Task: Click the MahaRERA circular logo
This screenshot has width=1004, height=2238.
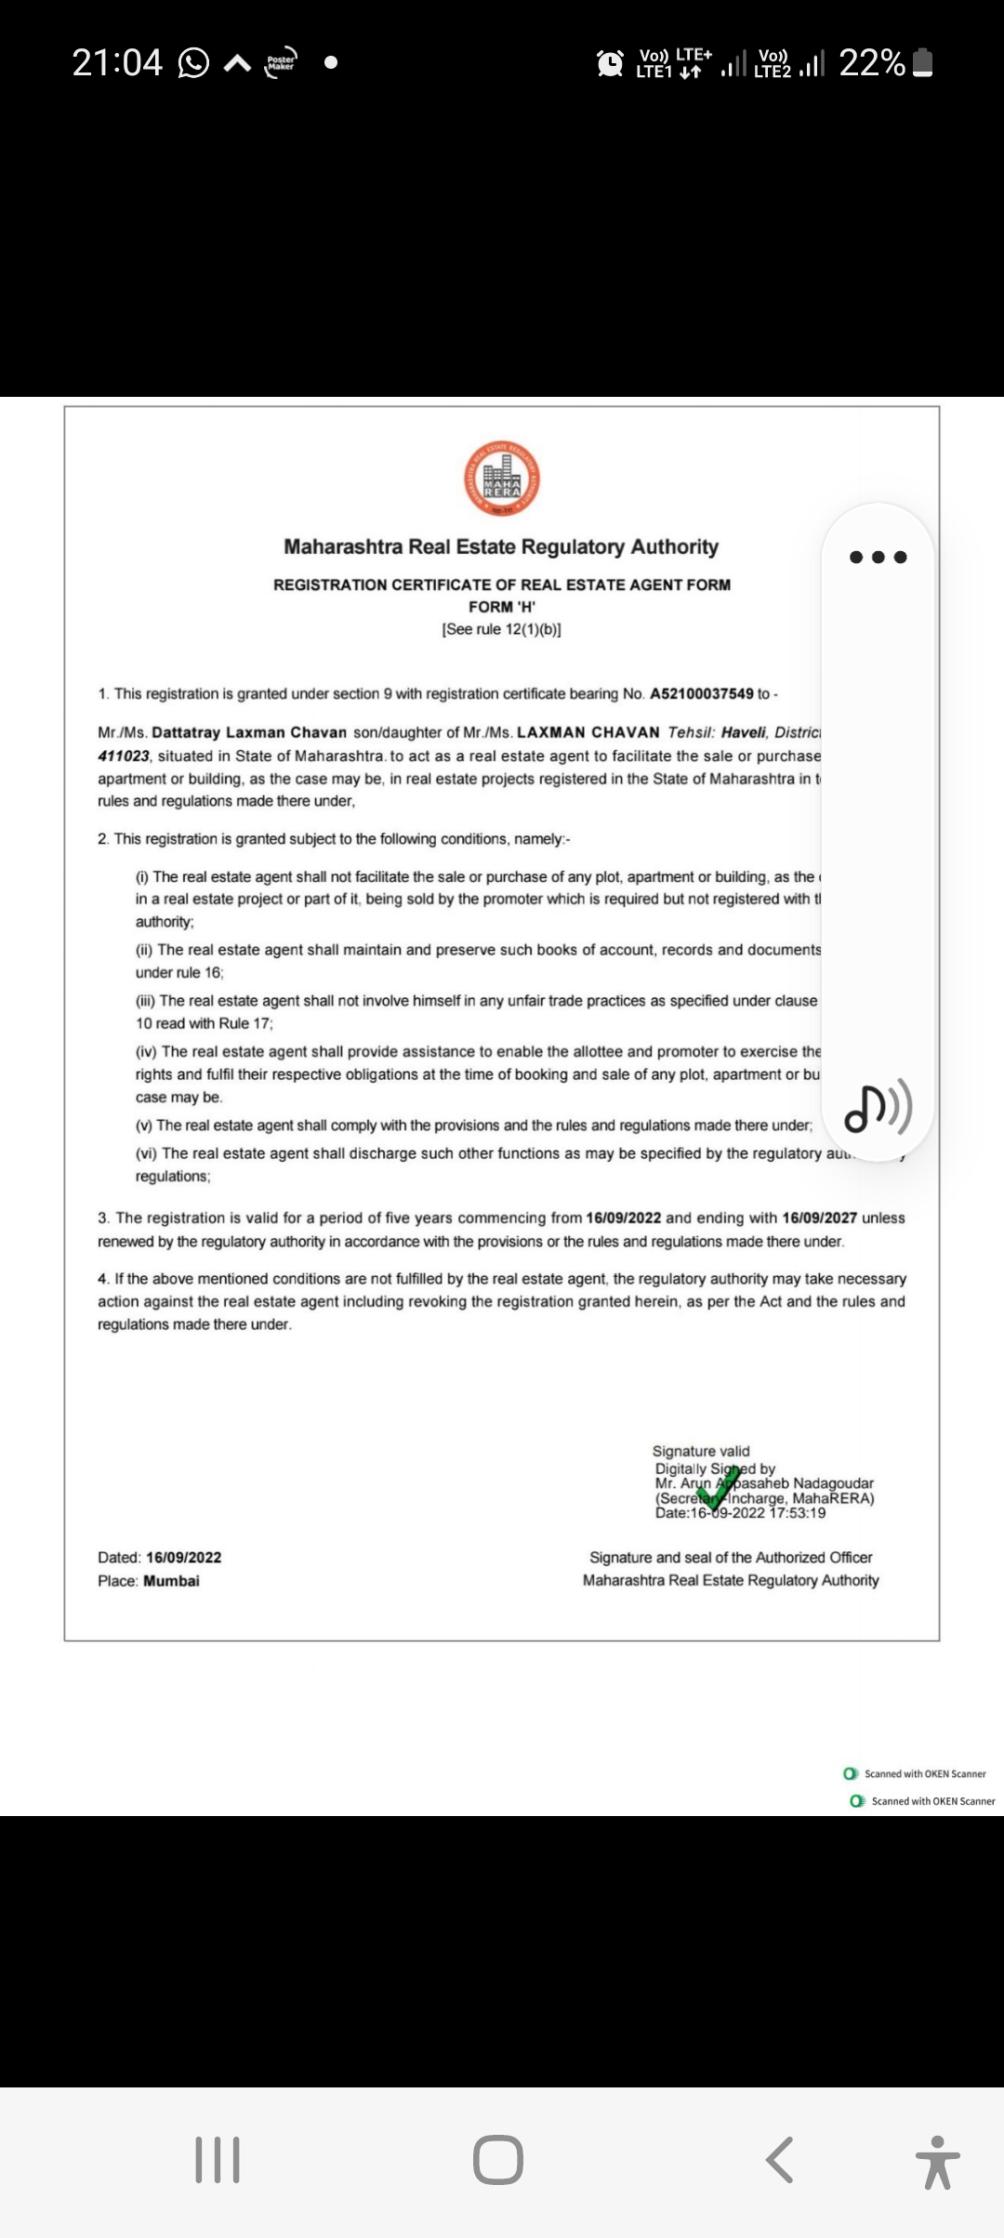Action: (x=502, y=479)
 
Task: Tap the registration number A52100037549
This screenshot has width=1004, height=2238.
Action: (x=701, y=694)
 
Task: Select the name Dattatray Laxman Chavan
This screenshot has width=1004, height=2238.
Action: (x=249, y=732)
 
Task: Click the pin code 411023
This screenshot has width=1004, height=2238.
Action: (x=123, y=757)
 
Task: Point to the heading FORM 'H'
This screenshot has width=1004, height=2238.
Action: (x=502, y=607)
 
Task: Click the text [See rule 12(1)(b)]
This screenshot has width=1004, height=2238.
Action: (x=502, y=629)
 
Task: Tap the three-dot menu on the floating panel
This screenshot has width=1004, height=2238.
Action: (x=878, y=558)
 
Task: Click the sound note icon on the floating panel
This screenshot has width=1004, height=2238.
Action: (x=878, y=1107)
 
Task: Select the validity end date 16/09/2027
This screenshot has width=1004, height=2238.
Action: (x=819, y=1218)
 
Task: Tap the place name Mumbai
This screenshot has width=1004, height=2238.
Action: (x=171, y=1581)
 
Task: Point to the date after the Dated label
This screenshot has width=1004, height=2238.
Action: (x=184, y=1558)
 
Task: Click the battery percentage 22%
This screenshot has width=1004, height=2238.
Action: (x=871, y=63)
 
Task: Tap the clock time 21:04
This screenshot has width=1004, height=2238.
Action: (x=117, y=63)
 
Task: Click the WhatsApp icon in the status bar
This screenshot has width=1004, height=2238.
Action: (x=193, y=63)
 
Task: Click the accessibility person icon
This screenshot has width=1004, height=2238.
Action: (x=937, y=2161)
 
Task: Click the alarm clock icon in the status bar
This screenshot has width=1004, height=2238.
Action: (x=610, y=63)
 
